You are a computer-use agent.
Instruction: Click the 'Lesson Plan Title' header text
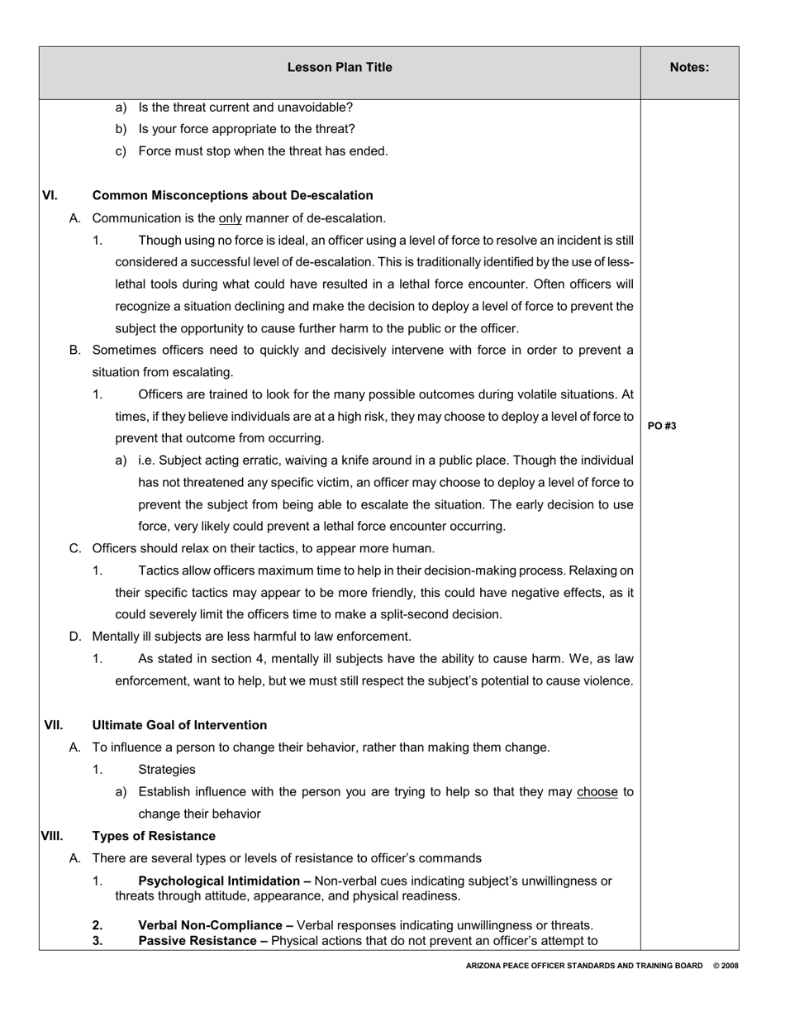click(340, 68)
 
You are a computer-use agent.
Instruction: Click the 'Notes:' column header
click(689, 68)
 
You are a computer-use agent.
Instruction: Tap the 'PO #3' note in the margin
click(662, 426)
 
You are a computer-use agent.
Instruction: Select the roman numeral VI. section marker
click(50, 196)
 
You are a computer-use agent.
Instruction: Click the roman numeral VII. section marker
click(53, 725)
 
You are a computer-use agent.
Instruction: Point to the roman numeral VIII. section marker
click(52, 836)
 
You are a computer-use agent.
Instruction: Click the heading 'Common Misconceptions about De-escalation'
click(232, 196)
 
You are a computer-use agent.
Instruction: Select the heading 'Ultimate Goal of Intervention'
click(179, 725)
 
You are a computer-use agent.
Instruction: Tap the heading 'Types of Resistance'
click(154, 836)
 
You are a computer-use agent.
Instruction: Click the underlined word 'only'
click(230, 218)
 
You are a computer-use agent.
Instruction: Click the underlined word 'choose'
click(597, 791)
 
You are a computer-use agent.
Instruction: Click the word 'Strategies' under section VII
click(167, 770)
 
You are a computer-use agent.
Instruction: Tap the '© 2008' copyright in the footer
click(726, 966)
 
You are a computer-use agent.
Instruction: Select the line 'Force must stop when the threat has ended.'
click(263, 151)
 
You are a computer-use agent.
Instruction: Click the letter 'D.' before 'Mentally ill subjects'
click(76, 637)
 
